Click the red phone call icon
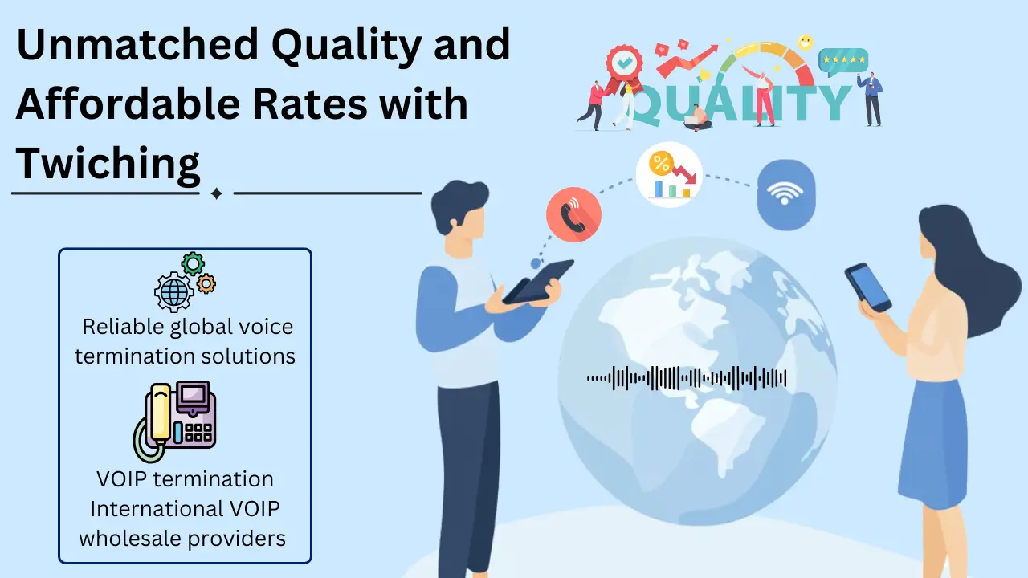(573, 216)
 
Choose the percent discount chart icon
(669, 174)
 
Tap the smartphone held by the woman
(868, 287)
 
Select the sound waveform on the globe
(687, 378)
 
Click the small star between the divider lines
(216, 193)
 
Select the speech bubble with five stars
(842, 60)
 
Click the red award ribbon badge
(622, 62)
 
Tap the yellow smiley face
(805, 42)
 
